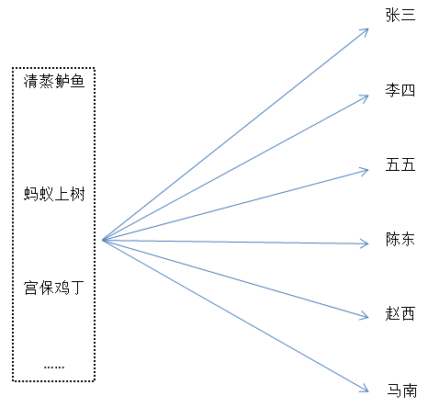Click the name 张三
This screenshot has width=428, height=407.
[400, 15]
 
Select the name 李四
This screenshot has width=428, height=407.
[400, 90]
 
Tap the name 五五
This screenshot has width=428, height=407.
[400, 164]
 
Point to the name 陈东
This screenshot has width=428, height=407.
[400, 239]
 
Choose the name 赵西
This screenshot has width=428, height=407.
[400, 313]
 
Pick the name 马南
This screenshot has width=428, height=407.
[402, 390]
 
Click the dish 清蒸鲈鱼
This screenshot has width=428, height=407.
[54, 82]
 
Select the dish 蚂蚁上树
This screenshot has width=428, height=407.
[54, 194]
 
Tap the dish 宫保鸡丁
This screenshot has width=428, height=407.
[54, 288]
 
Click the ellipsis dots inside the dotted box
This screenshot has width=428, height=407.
[54, 367]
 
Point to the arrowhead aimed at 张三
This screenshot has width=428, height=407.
[366, 31]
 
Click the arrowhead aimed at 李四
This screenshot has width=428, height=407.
[365, 98]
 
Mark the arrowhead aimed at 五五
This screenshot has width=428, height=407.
[365, 171]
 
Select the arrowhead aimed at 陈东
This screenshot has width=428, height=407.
[365, 243]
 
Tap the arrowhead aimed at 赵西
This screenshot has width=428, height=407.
[365, 316]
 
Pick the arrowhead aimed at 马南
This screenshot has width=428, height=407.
[365, 389]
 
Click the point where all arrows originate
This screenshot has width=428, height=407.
[104, 240]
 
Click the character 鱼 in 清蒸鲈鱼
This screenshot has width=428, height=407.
[77, 82]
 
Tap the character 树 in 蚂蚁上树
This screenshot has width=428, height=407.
[77, 194]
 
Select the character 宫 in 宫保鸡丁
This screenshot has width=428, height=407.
[31, 288]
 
